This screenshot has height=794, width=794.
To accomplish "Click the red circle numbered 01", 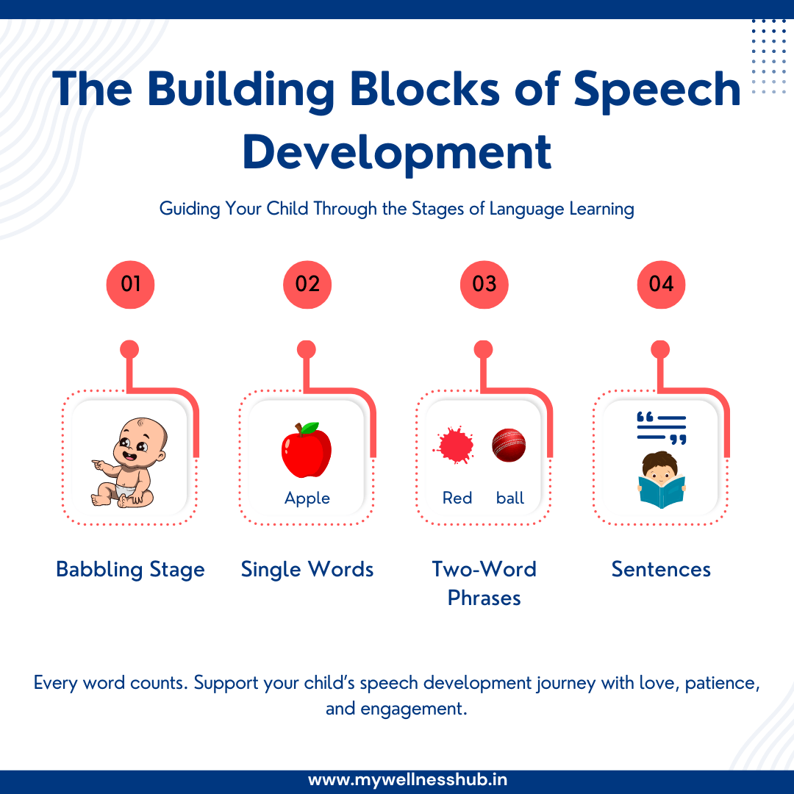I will [x=130, y=284].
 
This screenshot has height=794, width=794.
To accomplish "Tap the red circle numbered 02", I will [x=307, y=284].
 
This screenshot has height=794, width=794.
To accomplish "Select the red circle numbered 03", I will [x=484, y=284].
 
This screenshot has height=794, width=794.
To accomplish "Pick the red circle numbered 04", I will [x=661, y=284].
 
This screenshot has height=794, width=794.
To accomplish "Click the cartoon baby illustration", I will [x=126, y=463].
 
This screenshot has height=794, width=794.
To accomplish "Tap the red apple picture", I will [x=306, y=451].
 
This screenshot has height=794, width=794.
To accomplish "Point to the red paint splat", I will [x=455, y=446].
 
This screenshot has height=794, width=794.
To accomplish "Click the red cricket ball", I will [x=509, y=445].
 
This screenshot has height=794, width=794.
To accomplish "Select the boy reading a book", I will [x=661, y=481].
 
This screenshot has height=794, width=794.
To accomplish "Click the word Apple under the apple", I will [x=307, y=498].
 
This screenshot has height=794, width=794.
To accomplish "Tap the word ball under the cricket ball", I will [x=510, y=498].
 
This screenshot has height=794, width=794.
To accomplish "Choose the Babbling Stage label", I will [x=130, y=570].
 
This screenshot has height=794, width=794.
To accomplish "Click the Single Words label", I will [x=307, y=570].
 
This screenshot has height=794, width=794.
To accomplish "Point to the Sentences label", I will [x=661, y=570].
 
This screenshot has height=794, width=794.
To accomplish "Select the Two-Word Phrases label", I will [x=484, y=583].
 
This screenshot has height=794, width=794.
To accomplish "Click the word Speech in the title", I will [x=657, y=90].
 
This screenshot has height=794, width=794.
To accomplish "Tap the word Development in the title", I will [x=397, y=152].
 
